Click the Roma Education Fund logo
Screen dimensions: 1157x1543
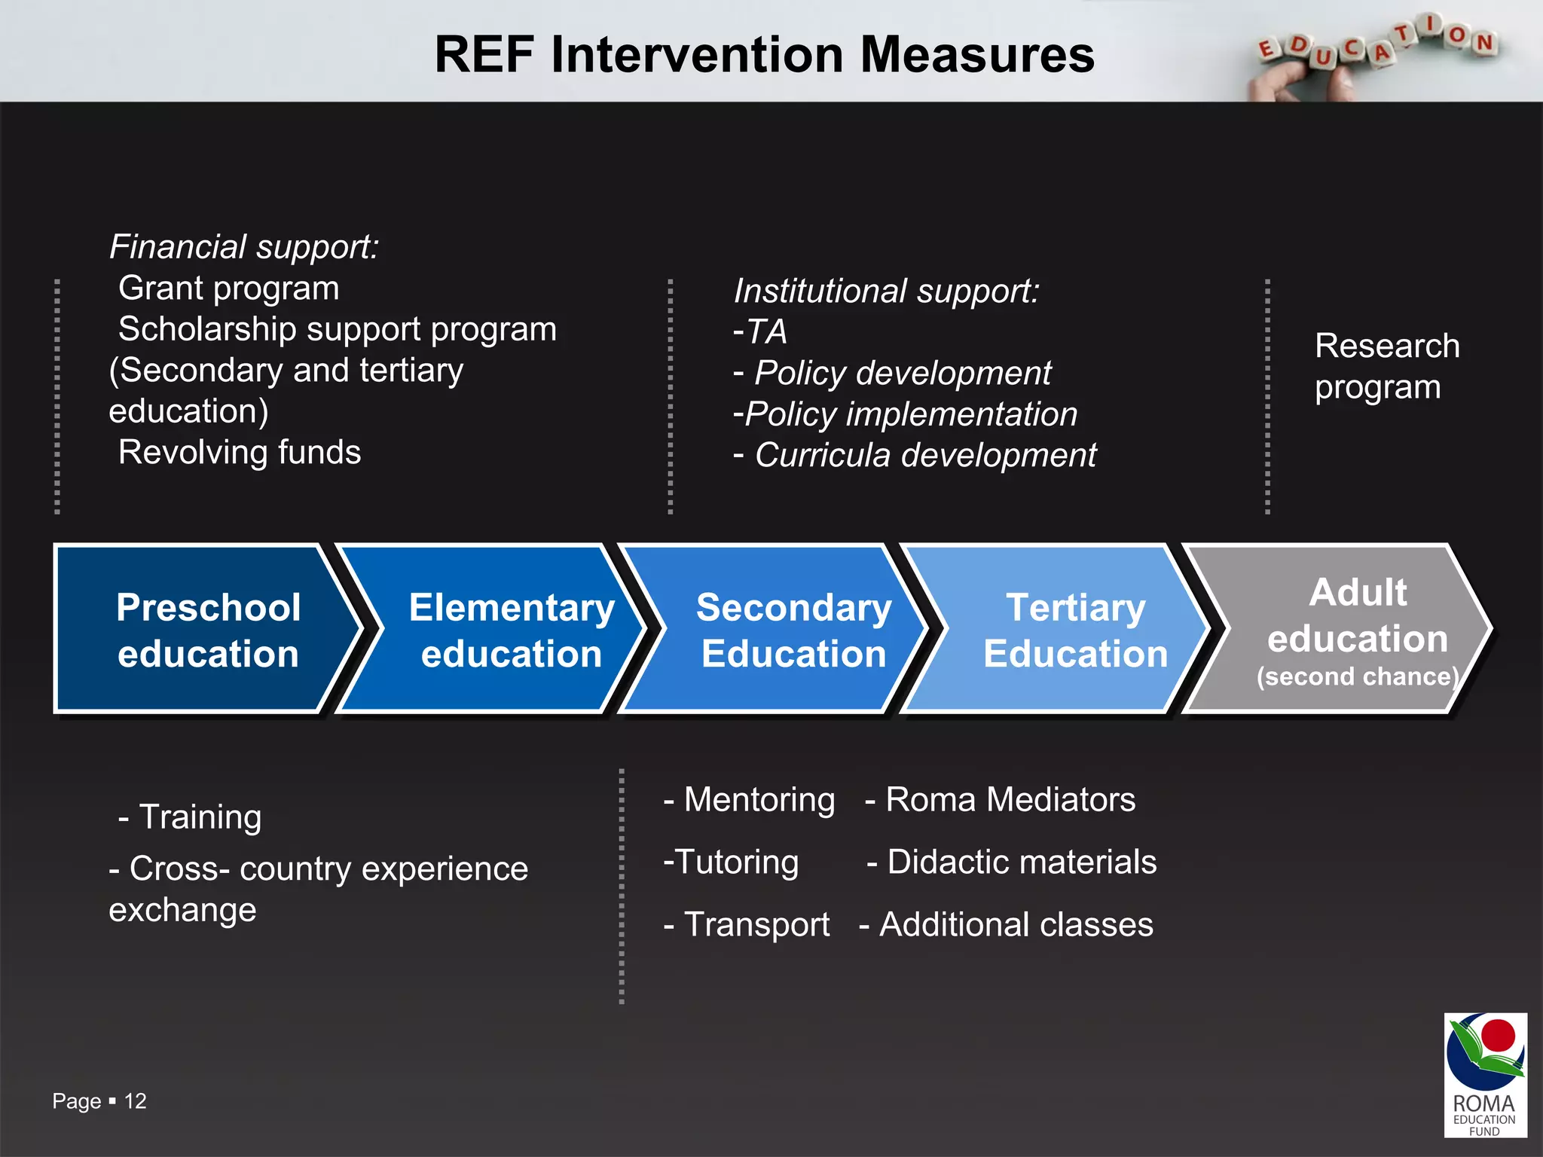tap(1485, 1074)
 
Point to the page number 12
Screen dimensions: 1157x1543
tap(136, 1101)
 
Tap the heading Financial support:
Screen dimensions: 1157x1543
tap(244, 247)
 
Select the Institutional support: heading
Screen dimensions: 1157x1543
tap(886, 292)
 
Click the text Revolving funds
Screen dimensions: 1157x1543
tap(240, 453)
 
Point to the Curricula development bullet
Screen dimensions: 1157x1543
tap(924, 456)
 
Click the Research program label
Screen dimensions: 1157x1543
tap(1386, 367)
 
